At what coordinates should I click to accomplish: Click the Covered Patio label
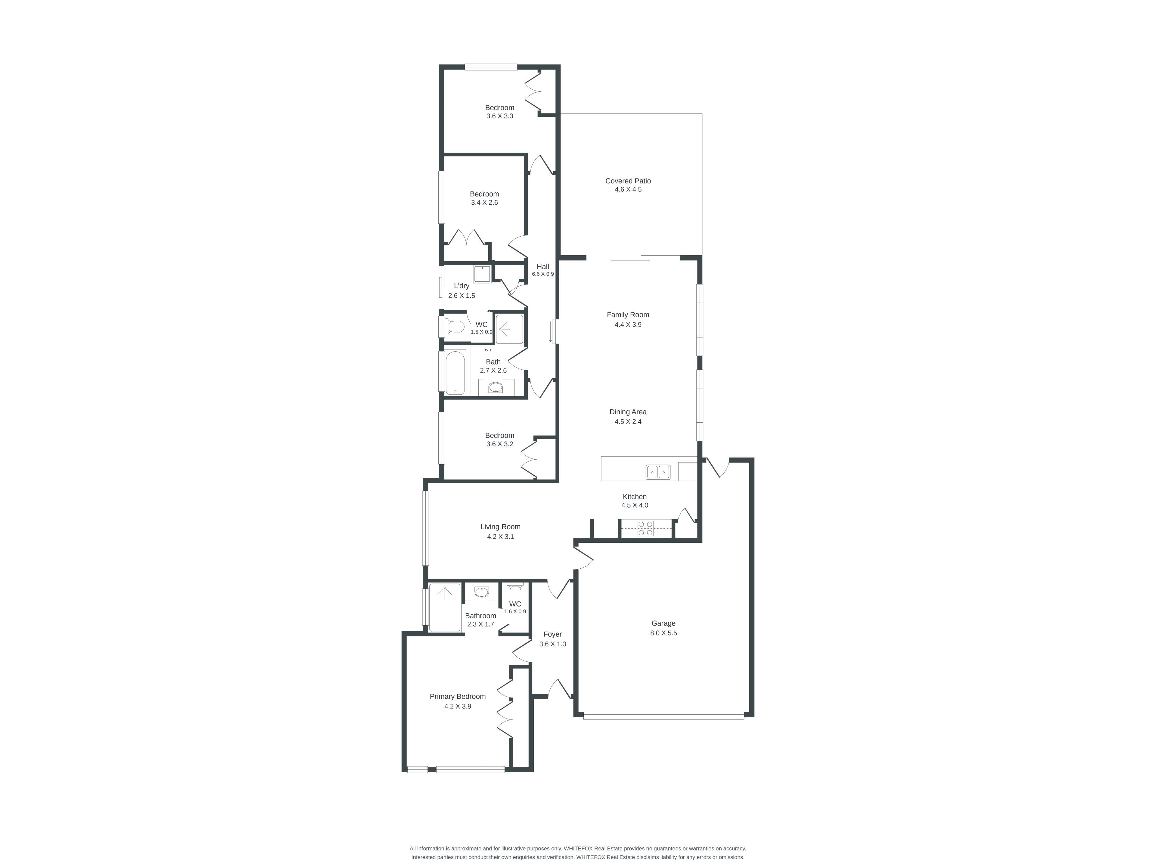[x=628, y=181]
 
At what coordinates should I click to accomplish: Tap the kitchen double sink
[x=658, y=472]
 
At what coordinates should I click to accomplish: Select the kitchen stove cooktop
[x=645, y=528]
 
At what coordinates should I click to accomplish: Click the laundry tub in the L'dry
[x=482, y=274]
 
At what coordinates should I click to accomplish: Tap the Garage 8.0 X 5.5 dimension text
[x=663, y=633]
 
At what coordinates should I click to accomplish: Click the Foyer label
[x=552, y=634]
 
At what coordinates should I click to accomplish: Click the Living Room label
[x=500, y=527]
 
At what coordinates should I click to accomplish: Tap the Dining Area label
[x=628, y=412]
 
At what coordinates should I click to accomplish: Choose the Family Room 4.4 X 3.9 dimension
[x=628, y=325]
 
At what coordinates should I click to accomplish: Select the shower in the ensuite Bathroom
[x=445, y=607]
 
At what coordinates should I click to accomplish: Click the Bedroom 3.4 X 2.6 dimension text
[x=484, y=202]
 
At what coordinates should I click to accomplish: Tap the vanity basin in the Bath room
[x=495, y=387]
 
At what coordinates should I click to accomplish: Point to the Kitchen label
[x=634, y=496]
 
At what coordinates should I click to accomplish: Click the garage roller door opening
[x=663, y=717]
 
